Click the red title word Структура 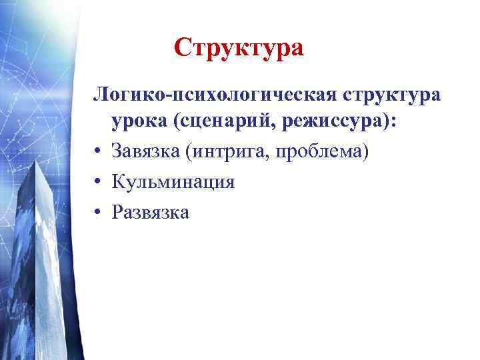239,49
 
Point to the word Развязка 151,212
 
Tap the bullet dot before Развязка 98,213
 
